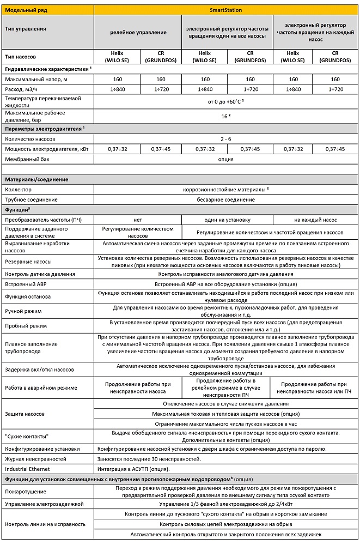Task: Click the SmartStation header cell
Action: click(x=227, y=10)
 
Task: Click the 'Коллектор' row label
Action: click(x=18, y=189)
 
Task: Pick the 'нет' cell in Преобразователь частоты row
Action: click(x=137, y=219)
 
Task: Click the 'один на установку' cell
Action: click(x=227, y=219)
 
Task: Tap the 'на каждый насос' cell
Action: click(x=315, y=219)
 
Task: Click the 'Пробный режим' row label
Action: click(x=25, y=326)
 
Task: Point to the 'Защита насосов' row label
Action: click(x=26, y=414)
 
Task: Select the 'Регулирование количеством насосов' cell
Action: click(x=137, y=232)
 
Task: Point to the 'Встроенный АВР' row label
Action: click(x=26, y=284)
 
